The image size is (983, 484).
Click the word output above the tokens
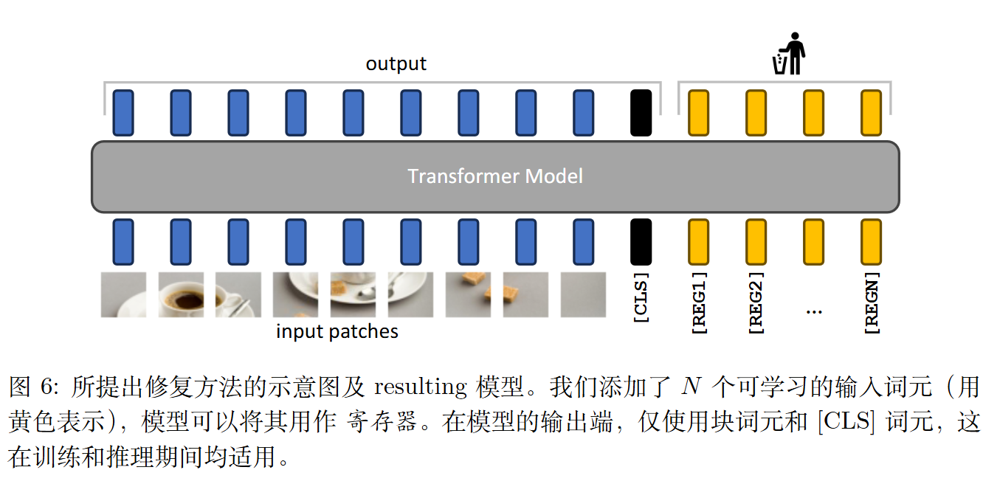396,64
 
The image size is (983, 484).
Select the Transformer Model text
495,176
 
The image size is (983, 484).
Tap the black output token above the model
641,113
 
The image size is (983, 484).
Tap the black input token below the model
641,242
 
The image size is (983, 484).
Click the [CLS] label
641,297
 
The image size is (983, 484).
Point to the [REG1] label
699,302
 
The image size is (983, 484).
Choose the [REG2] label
756,302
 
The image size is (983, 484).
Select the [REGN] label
872,302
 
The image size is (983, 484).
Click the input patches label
337,332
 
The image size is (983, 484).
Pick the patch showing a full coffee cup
181,294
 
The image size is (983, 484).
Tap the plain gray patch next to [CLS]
583,294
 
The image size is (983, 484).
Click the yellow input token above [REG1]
699,242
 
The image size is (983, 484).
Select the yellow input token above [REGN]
872,242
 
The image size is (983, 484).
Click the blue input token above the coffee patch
181,242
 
